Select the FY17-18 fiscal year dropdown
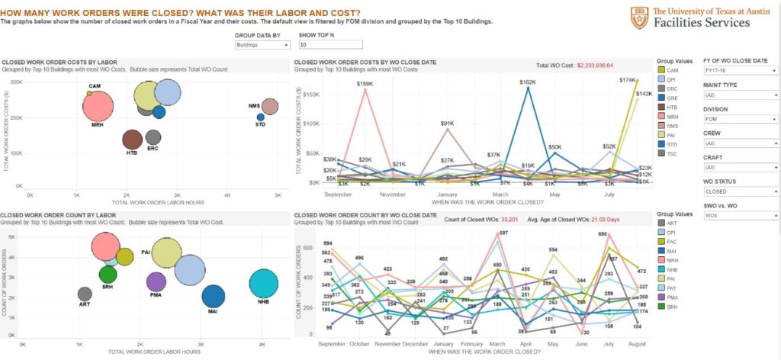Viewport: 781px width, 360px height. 739,69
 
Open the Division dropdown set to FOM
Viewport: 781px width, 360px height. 739,119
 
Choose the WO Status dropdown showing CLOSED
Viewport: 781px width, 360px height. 739,191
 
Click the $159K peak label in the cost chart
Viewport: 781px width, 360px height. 364,83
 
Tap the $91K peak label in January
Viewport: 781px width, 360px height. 447,123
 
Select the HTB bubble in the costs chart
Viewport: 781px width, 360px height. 133,139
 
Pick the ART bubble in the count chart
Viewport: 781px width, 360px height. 85,294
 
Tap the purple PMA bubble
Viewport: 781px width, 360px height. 156,281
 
